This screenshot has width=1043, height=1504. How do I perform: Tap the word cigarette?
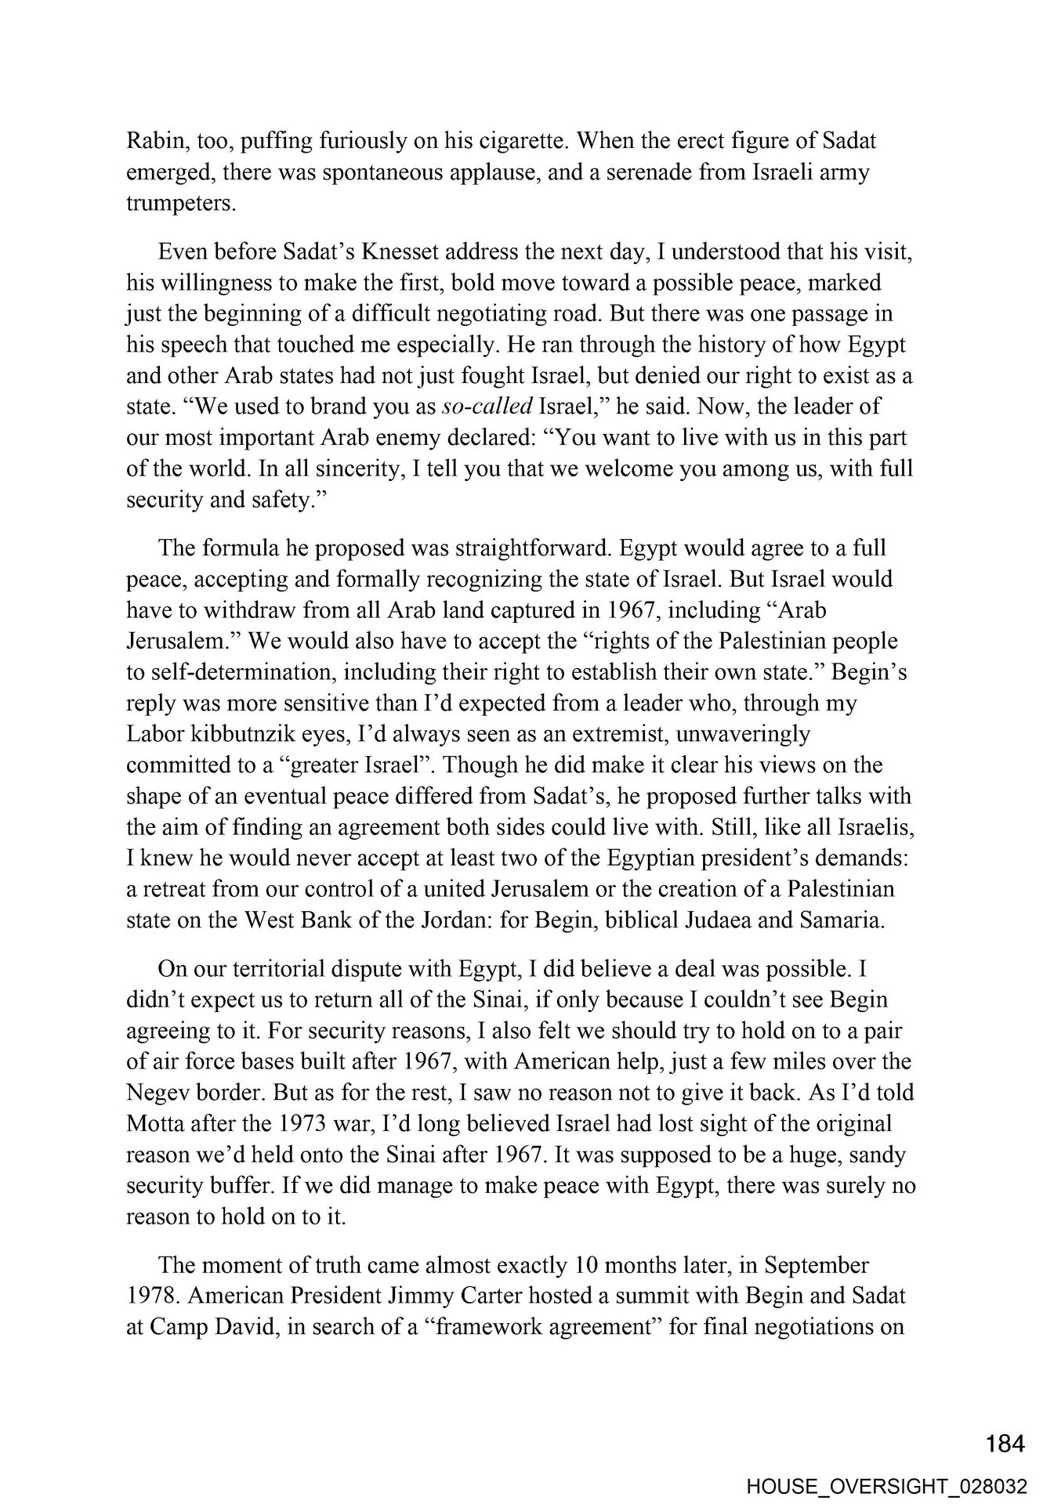pos(518,141)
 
